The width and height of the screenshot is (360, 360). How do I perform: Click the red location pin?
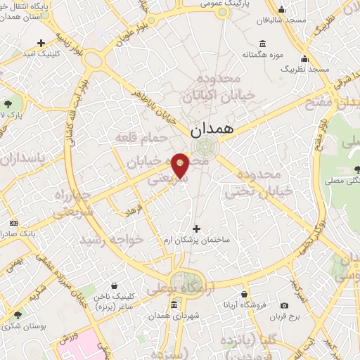click(180, 165)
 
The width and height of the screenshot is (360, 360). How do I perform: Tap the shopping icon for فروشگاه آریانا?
click(243, 294)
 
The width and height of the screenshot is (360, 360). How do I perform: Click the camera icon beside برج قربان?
click(284, 305)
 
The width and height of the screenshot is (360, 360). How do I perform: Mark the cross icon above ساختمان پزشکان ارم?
click(196, 229)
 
